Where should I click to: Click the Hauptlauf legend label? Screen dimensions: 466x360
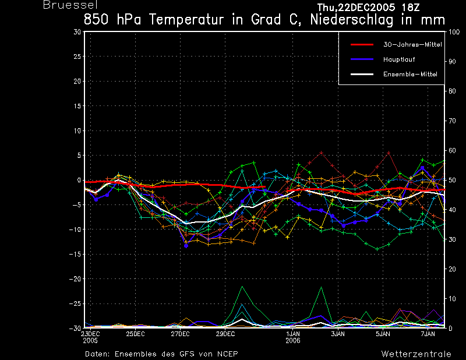[399, 59]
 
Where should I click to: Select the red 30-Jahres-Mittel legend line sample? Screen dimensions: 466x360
[362, 45]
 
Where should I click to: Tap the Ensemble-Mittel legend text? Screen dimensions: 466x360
[410, 74]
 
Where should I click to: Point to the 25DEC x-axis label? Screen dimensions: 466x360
[135, 334]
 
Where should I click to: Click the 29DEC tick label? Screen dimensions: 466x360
[225, 334]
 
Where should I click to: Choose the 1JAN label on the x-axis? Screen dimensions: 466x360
[293, 334]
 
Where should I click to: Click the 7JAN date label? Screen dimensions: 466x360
[428, 334]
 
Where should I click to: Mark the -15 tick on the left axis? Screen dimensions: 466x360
[75, 254]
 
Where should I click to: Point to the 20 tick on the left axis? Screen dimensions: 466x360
[77, 81]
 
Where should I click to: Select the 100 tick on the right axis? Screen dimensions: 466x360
[454, 32]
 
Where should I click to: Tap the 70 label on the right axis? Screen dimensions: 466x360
[452, 121]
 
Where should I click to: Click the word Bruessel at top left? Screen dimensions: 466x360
[70, 5]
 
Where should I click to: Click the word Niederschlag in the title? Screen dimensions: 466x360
[352, 20]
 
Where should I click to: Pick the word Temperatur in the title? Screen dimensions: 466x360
[186, 20]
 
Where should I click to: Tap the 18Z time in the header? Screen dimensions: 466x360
[411, 8]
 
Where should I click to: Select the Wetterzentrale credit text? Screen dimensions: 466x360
[416, 354]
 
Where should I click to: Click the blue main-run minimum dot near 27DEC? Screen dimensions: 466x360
[186, 246]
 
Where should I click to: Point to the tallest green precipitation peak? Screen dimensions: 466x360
[242, 287]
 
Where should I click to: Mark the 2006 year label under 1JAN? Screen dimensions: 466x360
[293, 341]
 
